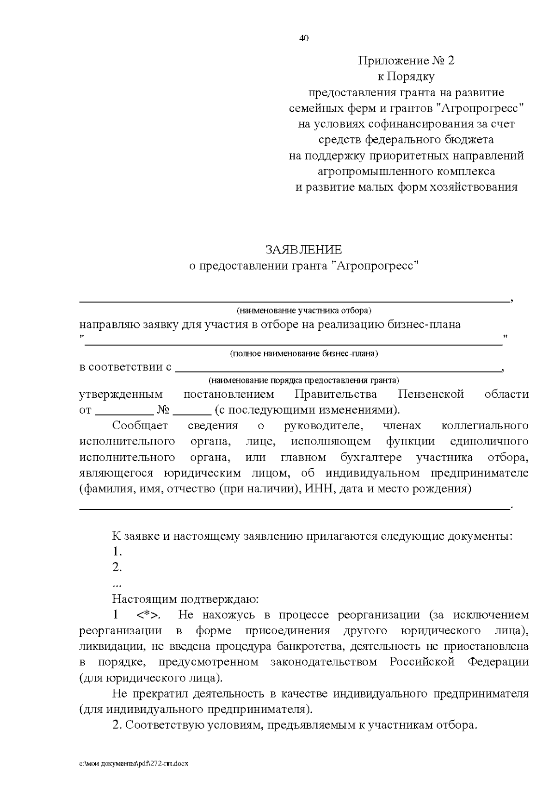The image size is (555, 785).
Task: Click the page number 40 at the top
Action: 304,38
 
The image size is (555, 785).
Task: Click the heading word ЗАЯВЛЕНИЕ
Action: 304,250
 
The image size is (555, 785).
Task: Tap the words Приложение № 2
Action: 406,61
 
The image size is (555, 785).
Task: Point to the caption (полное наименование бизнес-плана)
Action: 304,354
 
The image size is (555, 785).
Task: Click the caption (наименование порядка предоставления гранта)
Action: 303,380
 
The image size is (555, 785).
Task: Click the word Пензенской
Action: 431,394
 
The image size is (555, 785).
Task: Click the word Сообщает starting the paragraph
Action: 140,426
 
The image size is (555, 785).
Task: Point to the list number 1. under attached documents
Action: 117,551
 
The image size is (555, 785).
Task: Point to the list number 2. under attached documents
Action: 117,567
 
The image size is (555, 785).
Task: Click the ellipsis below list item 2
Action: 117,584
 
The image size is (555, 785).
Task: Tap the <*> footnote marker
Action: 149,615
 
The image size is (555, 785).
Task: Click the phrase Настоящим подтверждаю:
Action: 185,600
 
